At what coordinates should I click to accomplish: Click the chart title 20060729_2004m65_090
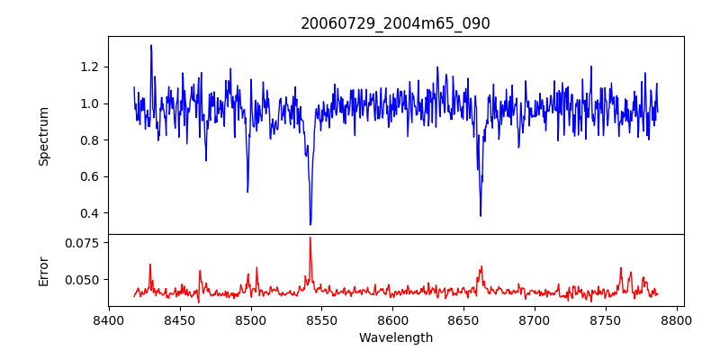(x=395, y=24)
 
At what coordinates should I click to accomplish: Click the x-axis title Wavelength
(x=395, y=338)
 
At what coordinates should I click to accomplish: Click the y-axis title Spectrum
(x=43, y=136)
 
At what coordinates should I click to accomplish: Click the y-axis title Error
(x=43, y=270)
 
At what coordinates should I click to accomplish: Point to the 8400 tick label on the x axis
(x=109, y=319)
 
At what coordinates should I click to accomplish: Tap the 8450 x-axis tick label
(x=180, y=319)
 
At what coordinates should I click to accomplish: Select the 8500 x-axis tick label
(x=251, y=319)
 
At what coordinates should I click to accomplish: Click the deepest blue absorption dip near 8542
(x=310, y=224)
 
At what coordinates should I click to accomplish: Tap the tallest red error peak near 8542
(x=310, y=238)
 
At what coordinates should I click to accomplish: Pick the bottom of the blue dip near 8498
(x=247, y=192)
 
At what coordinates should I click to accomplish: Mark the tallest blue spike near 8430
(x=151, y=45)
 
